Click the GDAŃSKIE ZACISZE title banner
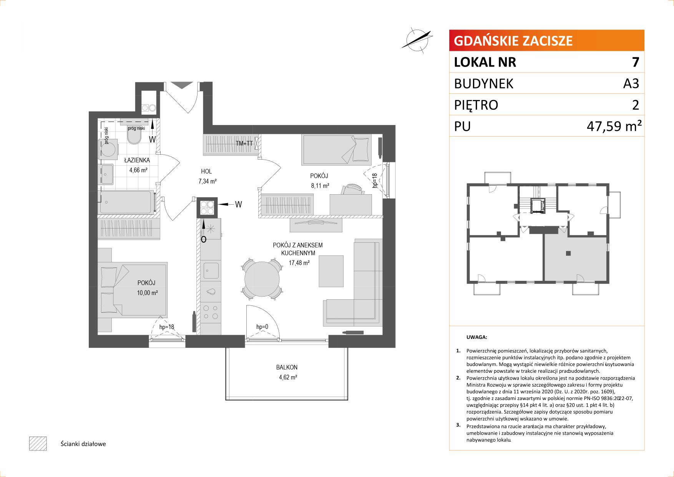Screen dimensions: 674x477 pyautogui.click(x=546, y=40)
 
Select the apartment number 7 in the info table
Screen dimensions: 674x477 pyautogui.click(x=636, y=62)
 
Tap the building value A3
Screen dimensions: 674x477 pyautogui.click(x=631, y=83)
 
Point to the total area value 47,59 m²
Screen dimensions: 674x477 pyautogui.click(x=614, y=126)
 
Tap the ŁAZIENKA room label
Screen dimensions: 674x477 pyautogui.click(x=137, y=160)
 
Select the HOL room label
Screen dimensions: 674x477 pyautogui.click(x=206, y=172)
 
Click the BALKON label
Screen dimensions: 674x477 pyautogui.click(x=287, y=367)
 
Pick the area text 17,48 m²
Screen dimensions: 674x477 pyautogui.click(x=299, y=263)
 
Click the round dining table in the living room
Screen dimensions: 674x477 pyautogui.click(x=262, y=279)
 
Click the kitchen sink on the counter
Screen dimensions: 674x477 pyautogui.click(x=211, y=270)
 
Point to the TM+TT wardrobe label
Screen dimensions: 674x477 pyautogui.click(x=245, y=143)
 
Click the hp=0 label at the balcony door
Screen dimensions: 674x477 pyautogui.click(x=262, y=327)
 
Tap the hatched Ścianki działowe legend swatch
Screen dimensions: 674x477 pyautogui.click(x=38, y=444)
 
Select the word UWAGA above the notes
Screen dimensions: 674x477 pyautogui.click(x=476, y=337)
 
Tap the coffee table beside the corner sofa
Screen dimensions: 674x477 pyautogui.click(x=331, y=271)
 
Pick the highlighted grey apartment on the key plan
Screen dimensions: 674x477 pyautogui.click(x=575, y=258)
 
